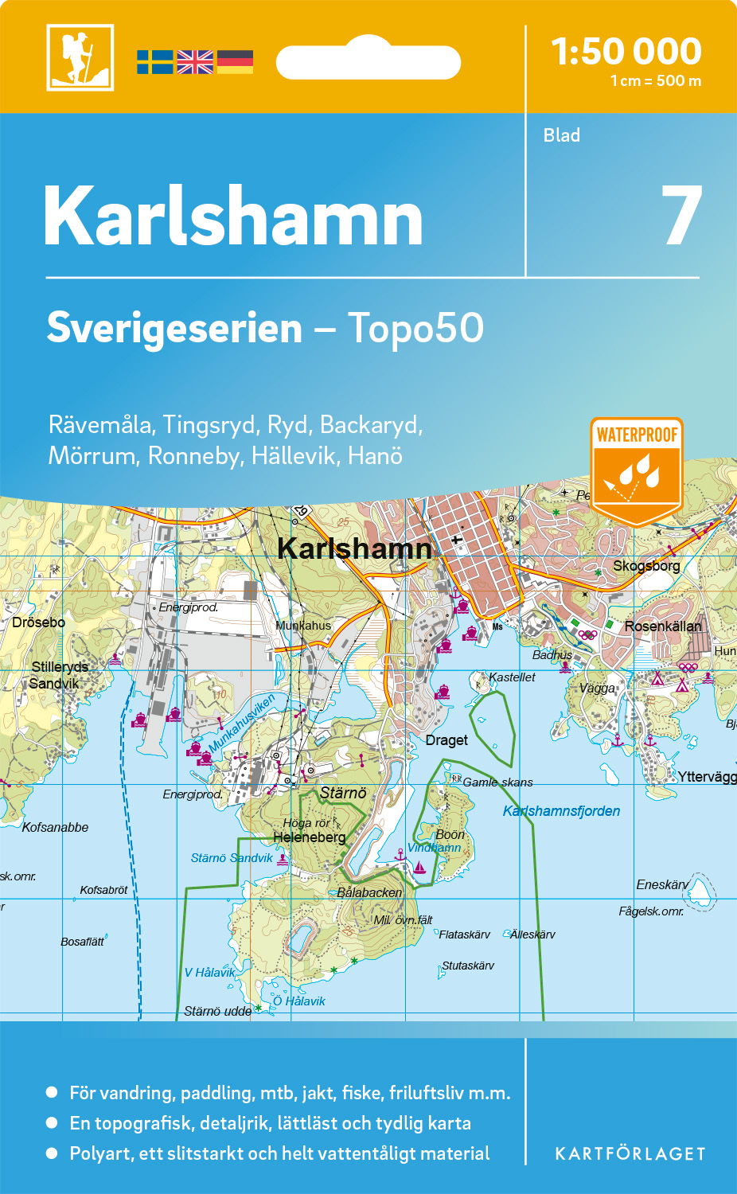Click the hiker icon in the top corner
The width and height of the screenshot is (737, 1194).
click(x=80, y=57)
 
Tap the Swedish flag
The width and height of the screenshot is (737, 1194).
click(x=154, y=62)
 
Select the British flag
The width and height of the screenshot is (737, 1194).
click(x=195, y=62)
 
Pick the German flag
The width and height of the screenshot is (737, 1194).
click(x=235, y=62)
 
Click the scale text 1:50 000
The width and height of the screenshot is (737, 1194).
click(x=626, y=52)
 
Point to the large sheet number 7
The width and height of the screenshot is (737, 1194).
click(x=682, y=217)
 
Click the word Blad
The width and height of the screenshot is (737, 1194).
click(x=562, y=135)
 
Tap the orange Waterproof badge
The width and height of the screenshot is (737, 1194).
click(x=637, y=470)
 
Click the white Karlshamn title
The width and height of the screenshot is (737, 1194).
click(x=233, y=217)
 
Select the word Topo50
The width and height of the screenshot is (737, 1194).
click(x=415, y=328)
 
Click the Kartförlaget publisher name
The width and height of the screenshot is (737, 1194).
click(x=630, y=1154)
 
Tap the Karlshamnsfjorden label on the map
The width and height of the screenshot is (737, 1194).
click(x=561, y=811)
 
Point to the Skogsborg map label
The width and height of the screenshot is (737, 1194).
click(x=646, y=566)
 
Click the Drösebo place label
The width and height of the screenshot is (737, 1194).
click(x=38, y=622)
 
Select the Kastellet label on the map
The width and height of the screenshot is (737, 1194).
click(x=512, y=677)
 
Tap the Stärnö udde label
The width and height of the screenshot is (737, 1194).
click(x=217, y=1011)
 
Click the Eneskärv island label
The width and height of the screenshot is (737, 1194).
click(x=662, y=885)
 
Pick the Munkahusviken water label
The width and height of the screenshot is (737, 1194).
click(x=242, y=723)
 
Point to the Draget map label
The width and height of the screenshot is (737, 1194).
click(x=446, y=740)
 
